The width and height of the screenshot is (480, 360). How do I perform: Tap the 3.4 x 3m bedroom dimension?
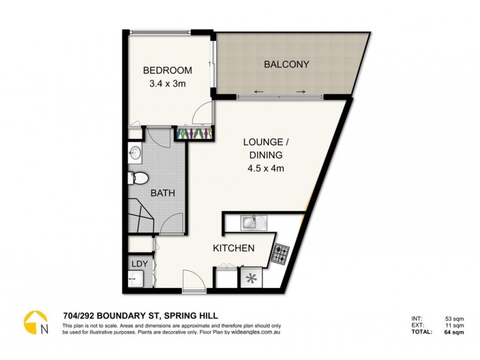point(167,84)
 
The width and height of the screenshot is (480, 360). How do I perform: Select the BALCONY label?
point(286,64)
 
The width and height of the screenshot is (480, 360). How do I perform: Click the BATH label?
point(163,193)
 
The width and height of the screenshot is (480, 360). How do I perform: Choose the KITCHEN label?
point(234,248)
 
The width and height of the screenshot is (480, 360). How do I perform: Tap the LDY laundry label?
point(139,263)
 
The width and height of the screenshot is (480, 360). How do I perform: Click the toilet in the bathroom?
point(137,178)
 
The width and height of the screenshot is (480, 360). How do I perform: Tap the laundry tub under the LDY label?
point(136,280)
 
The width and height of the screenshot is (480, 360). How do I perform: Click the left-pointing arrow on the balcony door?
point(257,92)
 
